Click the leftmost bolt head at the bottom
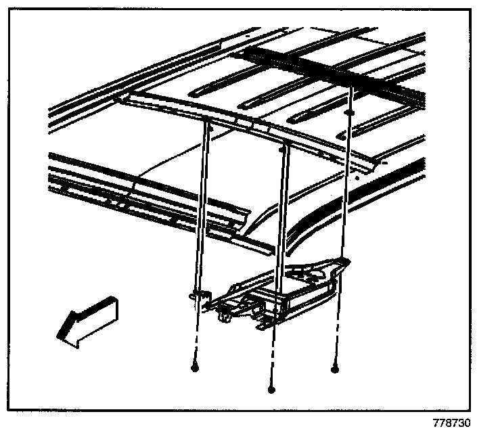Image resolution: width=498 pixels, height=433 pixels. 195,368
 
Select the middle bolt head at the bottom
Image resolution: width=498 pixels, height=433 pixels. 271,389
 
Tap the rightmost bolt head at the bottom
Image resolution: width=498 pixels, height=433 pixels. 334,369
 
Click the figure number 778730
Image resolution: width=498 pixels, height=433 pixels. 451,423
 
